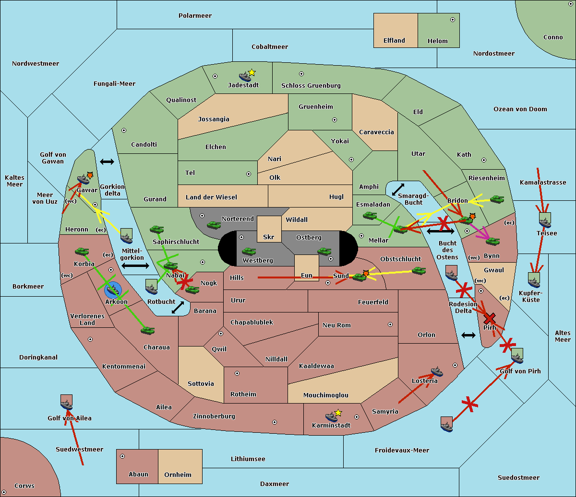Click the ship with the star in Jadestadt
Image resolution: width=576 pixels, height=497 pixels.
click(245, 77)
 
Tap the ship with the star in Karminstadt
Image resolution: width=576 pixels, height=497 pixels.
click(332, 417)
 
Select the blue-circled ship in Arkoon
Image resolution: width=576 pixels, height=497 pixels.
click(113, 289)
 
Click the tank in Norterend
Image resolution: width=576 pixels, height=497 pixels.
click(214, 225)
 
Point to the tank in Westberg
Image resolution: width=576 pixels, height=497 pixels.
click(249, 252)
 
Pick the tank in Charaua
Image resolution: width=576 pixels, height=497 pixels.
click(147, 330)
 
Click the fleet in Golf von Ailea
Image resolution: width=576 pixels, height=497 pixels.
click(67, 403)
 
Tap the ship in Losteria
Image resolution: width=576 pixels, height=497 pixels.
click(437, 371)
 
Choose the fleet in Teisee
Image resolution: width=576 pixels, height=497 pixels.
click(545, 220)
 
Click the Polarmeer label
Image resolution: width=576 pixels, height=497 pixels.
click(195, 16)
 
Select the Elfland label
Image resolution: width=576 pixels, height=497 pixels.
click(394, 41)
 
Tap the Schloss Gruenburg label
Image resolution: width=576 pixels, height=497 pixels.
click(311, 85)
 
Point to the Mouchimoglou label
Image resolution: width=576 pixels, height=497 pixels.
click(326, 395)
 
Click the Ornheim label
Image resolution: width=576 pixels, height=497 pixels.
click(178, 474)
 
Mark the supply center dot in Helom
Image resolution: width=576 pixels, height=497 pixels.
click(453, 20)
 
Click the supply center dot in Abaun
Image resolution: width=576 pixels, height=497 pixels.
click(122, 456)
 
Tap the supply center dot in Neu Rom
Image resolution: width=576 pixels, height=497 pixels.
click(390, 324)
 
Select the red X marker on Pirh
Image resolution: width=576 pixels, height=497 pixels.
click(490, 318)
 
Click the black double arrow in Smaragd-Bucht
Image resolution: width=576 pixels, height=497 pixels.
click(398, 189)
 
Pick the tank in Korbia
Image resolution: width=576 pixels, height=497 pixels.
click(82, 252)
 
